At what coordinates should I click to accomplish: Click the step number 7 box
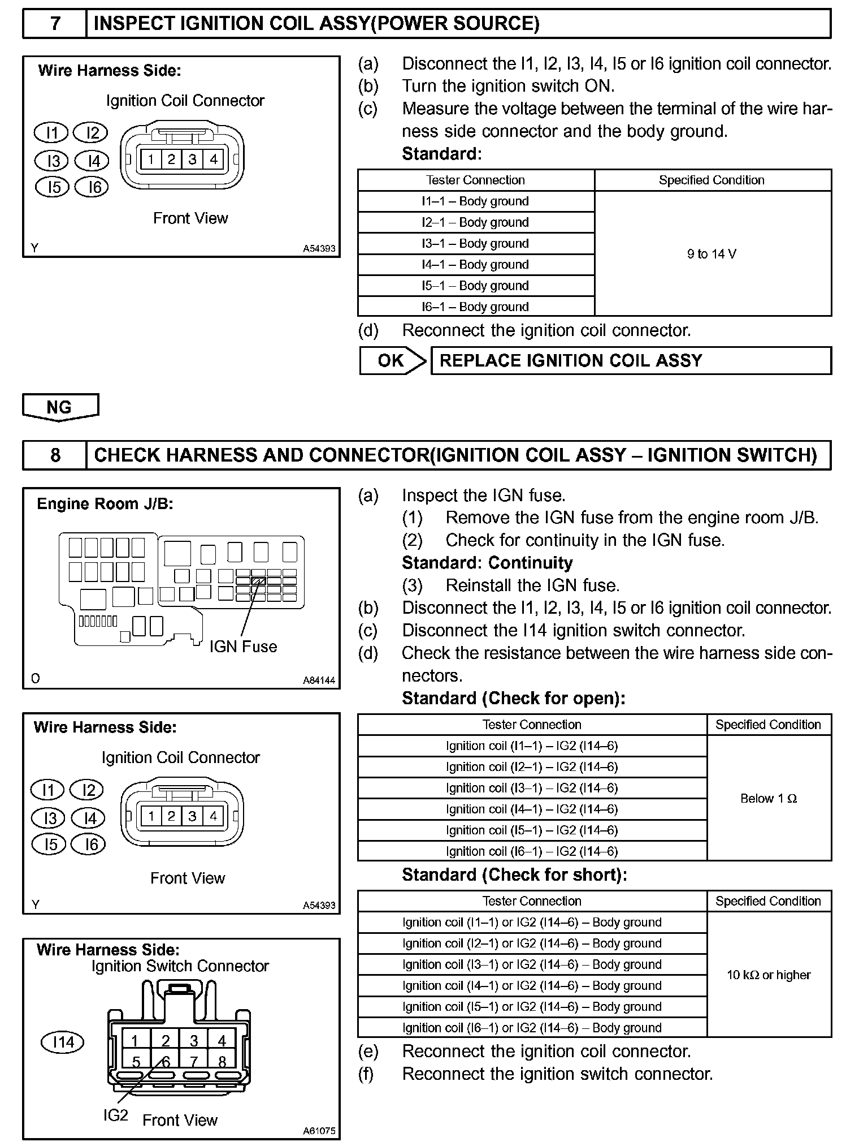point(55,24)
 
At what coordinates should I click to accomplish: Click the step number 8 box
point(55,455)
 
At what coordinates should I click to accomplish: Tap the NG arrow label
point(60,407)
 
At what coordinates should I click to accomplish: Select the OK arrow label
point(392,361)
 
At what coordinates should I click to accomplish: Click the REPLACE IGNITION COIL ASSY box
point(630,361)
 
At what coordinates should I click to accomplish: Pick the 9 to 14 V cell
point(712,254)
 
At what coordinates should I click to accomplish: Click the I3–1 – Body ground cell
point(476,244)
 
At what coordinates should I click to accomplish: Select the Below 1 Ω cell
point(769,799)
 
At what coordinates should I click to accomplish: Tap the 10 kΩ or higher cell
point(769,975)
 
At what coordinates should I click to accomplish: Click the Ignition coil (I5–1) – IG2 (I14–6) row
point(532,830)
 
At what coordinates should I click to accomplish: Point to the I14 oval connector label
point(63,1042)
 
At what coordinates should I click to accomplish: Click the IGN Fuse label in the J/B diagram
point(243,647)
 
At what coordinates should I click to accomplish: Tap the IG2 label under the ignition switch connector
point(115,1115)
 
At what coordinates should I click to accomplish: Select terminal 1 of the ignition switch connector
point(135,1041)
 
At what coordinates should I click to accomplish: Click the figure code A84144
point(319,680)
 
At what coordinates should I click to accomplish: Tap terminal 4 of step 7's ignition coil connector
point(214,160)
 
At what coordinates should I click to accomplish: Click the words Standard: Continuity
point(487,563)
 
